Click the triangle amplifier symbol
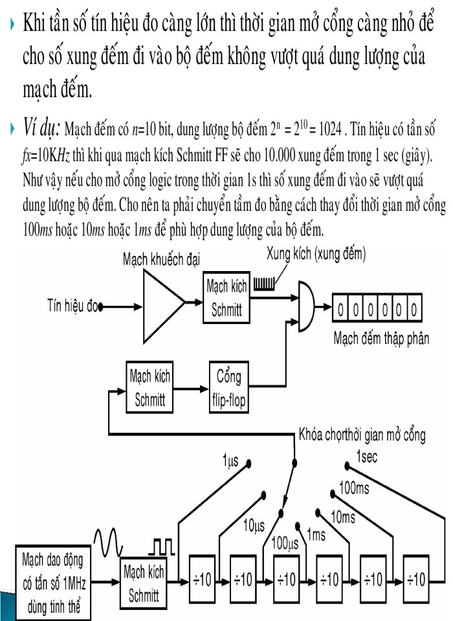pyautogui.click(x=160, y=301)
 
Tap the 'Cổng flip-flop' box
pyautogui.click(x=228, y=387)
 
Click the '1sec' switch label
pyautogui.click(x=366, y=457)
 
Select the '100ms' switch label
pyautogui.click(x=354, y=488)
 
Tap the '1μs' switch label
pyautogui.click(x=230, y=461)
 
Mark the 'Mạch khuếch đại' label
pyautogui.click(x=162, y=259)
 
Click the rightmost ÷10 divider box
pyautogui.click(x=415, y=579)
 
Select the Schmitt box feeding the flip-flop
pyautogui.click(x=149, y=387)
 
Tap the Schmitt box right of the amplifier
pyautogui.click(x=226, y=299)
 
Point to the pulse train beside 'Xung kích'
pyautogui.click(x=265, y=282)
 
